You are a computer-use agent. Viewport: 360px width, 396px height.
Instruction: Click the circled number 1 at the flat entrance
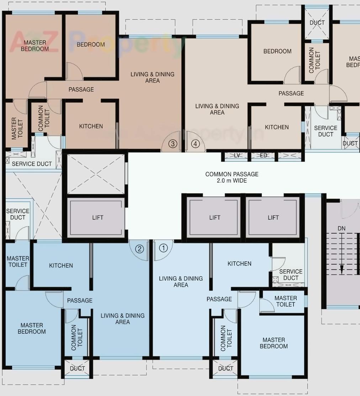coord(163,248)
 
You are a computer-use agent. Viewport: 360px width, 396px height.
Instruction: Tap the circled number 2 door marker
coord(139,249)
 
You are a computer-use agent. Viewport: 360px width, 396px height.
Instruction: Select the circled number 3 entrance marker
coord(173,144)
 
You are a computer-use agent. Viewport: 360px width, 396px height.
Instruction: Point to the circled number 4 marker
coord(195,144)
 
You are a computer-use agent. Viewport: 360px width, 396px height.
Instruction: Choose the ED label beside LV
coord(264,155)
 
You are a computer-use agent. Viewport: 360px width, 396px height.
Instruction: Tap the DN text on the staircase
coord(342,228)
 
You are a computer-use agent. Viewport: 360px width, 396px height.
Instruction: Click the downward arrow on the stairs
coord(342,269)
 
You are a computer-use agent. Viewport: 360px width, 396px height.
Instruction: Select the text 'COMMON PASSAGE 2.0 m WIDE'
coord(232,177)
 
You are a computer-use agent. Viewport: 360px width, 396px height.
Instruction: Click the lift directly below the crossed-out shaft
coord(97,218)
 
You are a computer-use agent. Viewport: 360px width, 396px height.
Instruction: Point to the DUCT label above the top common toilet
coord(317,22)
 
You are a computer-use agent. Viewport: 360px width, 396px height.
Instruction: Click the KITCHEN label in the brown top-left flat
coord(91,126)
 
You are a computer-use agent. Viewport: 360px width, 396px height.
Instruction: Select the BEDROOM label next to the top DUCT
coord(277,51)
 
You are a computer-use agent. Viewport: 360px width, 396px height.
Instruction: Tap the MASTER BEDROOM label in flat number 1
coord(274,343)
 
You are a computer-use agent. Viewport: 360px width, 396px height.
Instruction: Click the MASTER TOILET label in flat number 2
coord(18,261)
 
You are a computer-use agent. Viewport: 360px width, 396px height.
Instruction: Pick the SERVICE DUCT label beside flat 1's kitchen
coord(291,275)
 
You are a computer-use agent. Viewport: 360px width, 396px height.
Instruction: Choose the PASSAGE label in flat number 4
coord(291,93)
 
